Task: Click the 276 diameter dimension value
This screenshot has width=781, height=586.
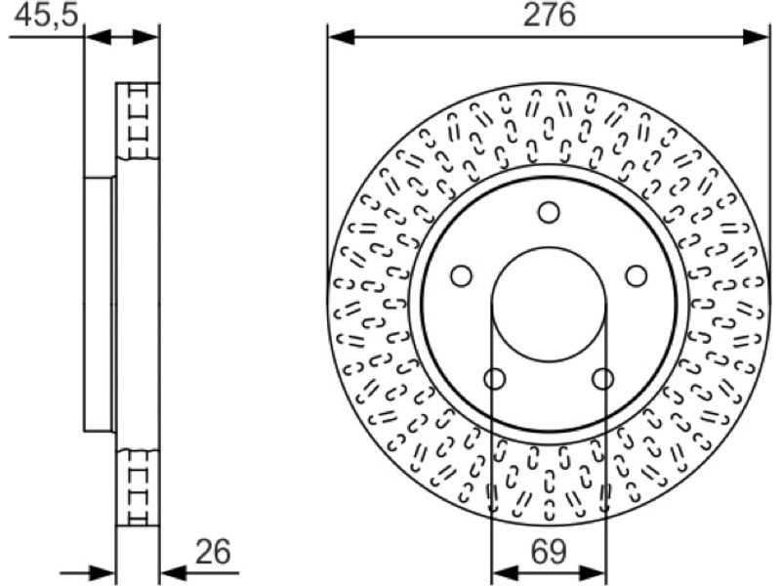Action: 549,15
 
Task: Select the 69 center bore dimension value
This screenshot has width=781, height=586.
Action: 549,552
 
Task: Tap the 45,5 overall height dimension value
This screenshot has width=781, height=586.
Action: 46,16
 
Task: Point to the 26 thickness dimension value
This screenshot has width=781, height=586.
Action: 213,551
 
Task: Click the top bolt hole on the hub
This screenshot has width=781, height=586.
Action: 549,212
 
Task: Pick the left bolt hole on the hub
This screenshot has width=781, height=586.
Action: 461,276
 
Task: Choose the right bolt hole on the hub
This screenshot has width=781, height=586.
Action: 637,276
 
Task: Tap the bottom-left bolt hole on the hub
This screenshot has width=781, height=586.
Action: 495,379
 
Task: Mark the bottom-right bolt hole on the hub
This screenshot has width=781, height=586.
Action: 602,379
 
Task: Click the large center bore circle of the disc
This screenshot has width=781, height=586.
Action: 549,248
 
